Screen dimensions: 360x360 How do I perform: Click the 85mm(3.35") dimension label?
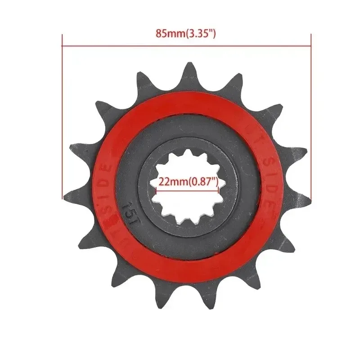point(186,33)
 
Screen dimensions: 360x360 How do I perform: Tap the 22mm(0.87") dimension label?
point(188,182)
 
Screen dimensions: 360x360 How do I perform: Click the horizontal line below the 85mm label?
point(186,45)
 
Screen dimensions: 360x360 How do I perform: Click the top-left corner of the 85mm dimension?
point(62,45)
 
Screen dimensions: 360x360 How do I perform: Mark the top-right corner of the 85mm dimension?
point(311,45)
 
